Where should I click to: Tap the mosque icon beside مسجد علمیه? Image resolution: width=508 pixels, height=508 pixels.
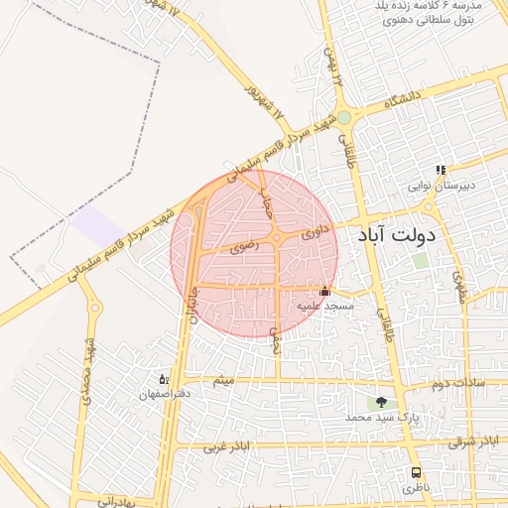(x=324, y=292)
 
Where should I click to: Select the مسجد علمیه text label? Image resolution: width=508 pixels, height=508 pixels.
(x=322, y=307)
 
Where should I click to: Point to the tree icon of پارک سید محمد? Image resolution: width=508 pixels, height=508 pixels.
(x=381, y=403)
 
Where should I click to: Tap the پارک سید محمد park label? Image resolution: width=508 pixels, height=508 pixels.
(x=382, y=419)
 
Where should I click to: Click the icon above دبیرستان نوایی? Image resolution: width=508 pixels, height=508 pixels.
(x=441, y=170)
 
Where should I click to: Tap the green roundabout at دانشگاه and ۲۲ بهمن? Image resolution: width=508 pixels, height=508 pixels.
(x=344, y=118)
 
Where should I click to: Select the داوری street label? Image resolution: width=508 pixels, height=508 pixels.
(x=314, y=232)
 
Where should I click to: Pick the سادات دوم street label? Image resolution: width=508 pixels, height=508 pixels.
(x=458, y=381)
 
